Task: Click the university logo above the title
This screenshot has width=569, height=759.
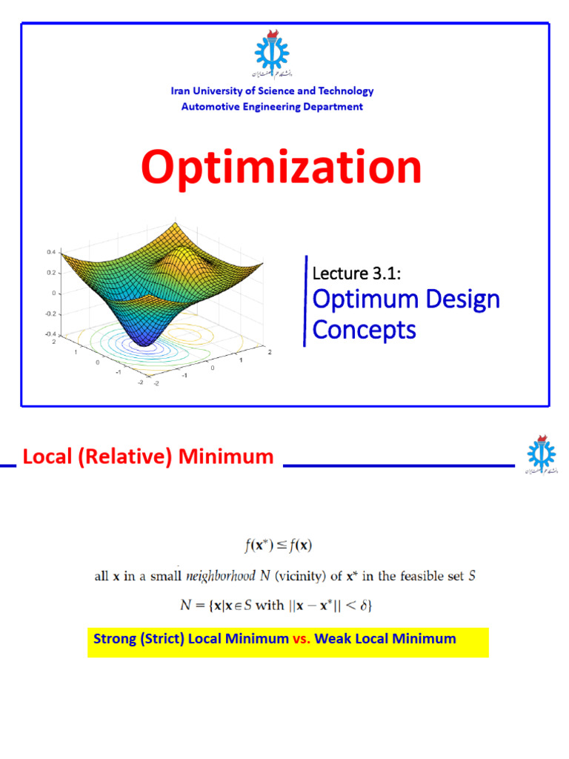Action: pos(272,55)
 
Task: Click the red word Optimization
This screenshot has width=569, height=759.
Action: pos(281,168)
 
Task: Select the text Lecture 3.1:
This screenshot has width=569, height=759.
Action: pos(357,274)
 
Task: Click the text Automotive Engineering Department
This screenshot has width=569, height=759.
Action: pos(272,107)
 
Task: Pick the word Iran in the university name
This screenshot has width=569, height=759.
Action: pos(181,91)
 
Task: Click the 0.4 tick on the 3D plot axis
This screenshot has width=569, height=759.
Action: pos(51,252)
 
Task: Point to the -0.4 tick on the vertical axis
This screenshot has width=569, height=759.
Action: pos(50,334)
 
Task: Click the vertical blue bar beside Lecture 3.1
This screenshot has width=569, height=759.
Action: pos(305,300)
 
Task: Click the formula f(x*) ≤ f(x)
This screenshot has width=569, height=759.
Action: pos(279,546)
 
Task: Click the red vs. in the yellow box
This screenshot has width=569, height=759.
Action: pos(302,638)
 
